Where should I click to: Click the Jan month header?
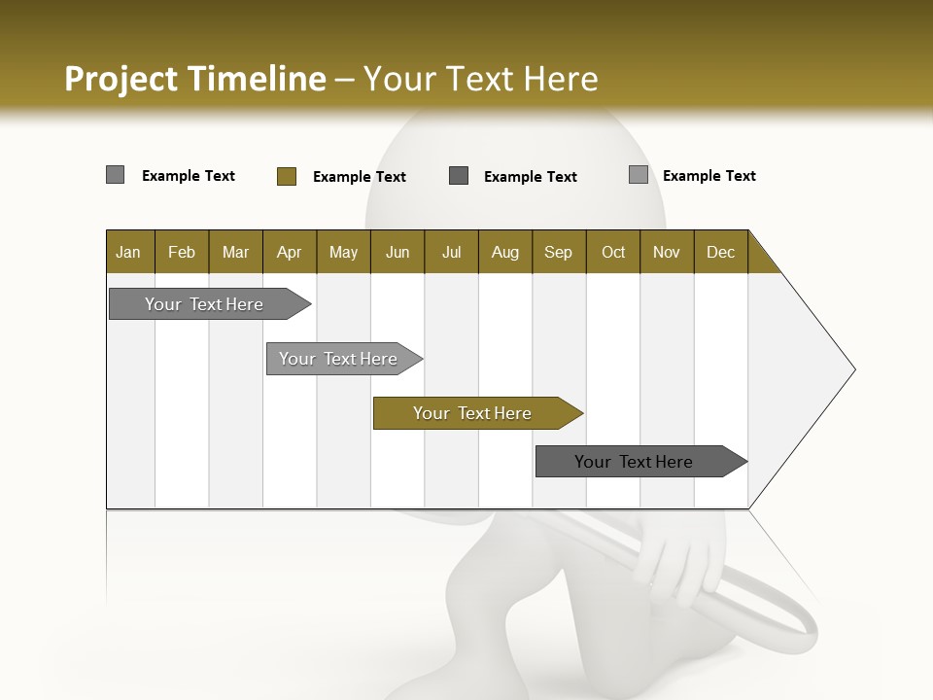tap(129, 252)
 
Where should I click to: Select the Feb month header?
tap(182, 252)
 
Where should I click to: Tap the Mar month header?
tap(235, 252)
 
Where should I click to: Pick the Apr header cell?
tap(290, 252)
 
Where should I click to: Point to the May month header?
tap(343, 252)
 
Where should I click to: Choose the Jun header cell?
tap(397, 252)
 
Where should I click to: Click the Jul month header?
tap(451, 252)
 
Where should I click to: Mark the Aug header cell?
tap(505, 252)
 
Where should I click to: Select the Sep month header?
tap(559, 252)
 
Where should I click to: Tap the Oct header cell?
tap(613, 252)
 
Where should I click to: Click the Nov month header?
tap(667, 252)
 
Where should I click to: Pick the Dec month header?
tap(721, 252)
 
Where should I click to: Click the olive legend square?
tap(287, 176)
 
